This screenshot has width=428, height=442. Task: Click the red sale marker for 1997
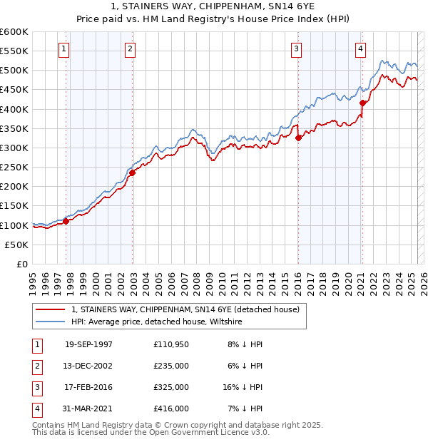pyautogui.click(x=66, y=221)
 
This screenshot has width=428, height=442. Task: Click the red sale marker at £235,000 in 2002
pyautogui.click(x=132, y=173)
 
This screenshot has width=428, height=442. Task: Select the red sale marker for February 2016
pyautogui.click(x=298, y=138)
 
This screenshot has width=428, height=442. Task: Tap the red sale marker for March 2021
pyautogui.click(x=362, y=103)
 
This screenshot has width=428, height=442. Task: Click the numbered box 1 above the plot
pyautogui.click(x=64, y=49)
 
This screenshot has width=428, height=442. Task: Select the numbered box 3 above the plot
pyautogui.click(x=295, y=49)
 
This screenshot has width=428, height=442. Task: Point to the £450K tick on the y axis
pyautogui.click(x=14, y=90)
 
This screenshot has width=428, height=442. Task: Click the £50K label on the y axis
pyautogui.click(x=17, y=245)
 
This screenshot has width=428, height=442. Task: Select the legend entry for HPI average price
pyautogui.click(x=157, y=322)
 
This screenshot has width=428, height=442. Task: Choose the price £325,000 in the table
pyautogui.click(x=171, y=387)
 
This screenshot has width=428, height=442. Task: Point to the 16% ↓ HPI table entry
pyautogui.click(x=243, y=387)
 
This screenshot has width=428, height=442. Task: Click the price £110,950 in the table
pyautogui.click(x=171, y=344)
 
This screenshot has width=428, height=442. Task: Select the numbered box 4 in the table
pyautogui.click(x=35, y=408)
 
